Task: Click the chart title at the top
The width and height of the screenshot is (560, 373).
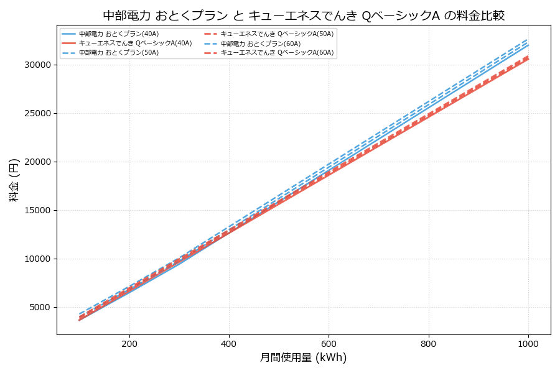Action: (x=304, y=16)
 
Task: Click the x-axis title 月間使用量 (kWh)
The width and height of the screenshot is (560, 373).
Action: (x=303, y=357)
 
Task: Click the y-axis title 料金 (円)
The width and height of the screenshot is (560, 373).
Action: (x=14, y=180)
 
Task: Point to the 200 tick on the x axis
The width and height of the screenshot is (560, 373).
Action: (x=129, y=343)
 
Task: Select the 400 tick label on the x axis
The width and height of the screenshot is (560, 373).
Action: (x=229, y=343)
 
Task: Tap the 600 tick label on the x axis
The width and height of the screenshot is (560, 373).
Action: (x=329, y=343)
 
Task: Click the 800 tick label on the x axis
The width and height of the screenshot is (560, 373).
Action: (x=429, y=343)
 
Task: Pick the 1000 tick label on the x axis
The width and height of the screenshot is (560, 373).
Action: (x=528, y=343)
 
